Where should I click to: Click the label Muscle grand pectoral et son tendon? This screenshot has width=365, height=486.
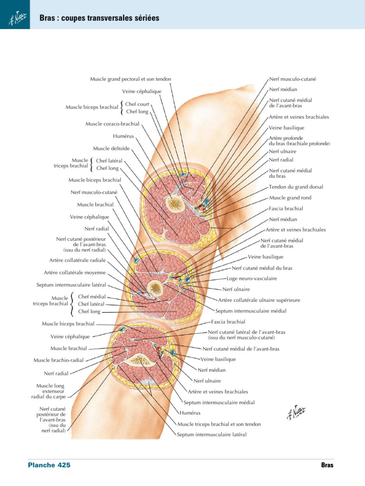tap(130, 79)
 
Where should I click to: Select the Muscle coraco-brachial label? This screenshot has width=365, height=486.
tap(112, 124)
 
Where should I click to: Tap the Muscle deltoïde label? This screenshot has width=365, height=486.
tap(111, 149)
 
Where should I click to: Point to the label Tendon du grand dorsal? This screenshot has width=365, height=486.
tap(296, 187)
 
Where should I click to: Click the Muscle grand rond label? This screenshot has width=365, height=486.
tap(290, 198)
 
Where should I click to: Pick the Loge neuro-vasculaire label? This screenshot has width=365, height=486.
tap(252, 279)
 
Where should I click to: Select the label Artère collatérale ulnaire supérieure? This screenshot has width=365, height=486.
tap(259, 300)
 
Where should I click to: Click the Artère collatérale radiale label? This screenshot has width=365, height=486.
tap(77, 261)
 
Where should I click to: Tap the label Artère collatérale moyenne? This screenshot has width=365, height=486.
tap(75, 273)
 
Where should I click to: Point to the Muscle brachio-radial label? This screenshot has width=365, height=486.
tap(58, 360)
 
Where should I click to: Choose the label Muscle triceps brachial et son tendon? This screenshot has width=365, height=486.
tap(219, 424)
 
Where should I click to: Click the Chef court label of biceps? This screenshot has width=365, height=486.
tap(137, 104)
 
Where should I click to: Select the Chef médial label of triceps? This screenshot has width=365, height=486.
tap(92, 297)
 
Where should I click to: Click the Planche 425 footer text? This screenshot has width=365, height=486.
tap(49, 465)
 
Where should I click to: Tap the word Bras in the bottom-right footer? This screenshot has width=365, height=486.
tap(327, 465)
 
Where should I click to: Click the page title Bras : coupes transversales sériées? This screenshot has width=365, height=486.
tap(99, 18)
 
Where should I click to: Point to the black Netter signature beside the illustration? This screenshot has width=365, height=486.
tap(296, 412)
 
